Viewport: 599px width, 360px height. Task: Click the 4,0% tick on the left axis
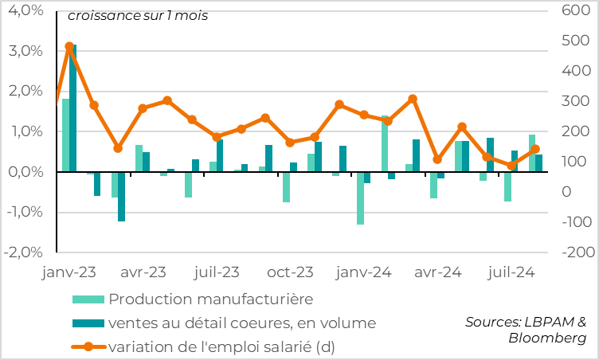click(25, 11)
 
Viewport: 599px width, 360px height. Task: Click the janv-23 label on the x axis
click(69, 272)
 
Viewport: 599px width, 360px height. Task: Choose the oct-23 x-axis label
click(290, 272)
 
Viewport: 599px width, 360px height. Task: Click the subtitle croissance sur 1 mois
click(138, 16)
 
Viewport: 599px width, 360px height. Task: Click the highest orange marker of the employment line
click(69, 47)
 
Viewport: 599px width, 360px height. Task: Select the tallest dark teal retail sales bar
click(73, 108)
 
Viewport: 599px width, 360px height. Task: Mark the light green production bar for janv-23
click(65, 135)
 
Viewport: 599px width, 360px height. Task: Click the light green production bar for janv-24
click(361, 198)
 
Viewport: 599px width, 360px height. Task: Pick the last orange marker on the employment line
click(535, 149)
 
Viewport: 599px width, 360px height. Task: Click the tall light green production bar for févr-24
click(385, 144)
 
